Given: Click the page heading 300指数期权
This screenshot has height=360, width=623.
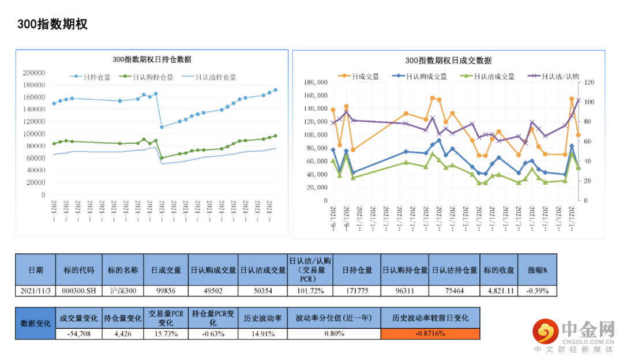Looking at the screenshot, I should (52, 24).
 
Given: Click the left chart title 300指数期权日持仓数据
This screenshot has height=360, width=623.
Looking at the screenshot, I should (152, 59).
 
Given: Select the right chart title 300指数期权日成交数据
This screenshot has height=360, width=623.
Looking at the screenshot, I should (448, 60).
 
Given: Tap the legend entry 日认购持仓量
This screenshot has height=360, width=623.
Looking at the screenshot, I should (152, 77).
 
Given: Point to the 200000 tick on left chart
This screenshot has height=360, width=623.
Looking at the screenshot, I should (34, 73).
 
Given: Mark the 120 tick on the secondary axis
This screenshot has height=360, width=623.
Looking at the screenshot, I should (586, 82).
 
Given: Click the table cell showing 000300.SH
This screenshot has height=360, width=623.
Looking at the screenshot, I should (79, 291).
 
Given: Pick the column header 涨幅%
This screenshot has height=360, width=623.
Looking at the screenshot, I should (538, 269).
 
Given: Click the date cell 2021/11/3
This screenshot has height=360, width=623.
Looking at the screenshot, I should (35, 291).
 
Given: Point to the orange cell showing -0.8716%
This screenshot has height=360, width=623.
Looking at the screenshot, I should (430, 333).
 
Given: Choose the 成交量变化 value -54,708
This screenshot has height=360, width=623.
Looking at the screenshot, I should (78, 333).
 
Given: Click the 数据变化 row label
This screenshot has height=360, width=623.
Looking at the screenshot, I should (35, 323).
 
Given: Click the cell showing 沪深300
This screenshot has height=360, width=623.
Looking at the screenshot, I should (123, 291).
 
